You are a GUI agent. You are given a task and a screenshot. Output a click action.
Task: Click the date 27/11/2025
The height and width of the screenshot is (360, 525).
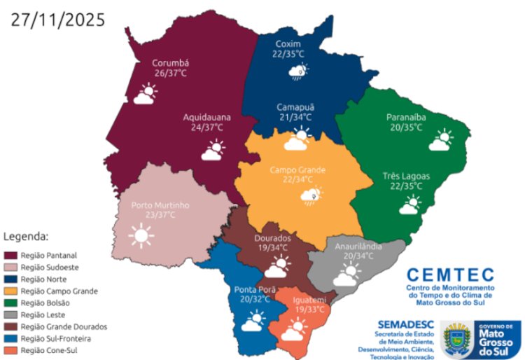point(58,19)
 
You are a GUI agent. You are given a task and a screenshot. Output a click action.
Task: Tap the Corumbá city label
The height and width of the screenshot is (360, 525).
point(171,62)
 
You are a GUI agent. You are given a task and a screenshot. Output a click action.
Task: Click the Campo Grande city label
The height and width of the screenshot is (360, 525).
point(298,170)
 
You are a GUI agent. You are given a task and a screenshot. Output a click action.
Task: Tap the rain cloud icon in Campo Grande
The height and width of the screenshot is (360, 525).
point(311,195)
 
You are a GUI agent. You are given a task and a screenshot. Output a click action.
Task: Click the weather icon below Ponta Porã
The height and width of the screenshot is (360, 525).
point(252,321)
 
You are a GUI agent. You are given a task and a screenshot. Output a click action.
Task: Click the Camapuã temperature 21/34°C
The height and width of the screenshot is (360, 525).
point(295,117)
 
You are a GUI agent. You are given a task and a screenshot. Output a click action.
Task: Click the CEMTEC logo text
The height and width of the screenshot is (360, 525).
point(450,275)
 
